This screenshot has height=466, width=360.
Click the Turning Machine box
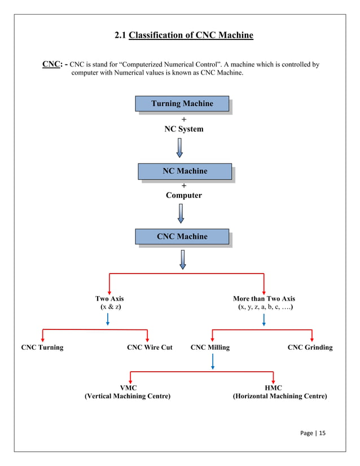coord(182,104)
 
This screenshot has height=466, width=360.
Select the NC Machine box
coord(185,171)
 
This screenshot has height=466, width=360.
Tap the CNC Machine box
coord(182,236)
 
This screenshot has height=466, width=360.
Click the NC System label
coord(184,129)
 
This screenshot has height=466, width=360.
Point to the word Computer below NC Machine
coord(183,195)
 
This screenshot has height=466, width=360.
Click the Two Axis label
coord(109,298)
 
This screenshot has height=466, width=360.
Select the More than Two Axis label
coord(264,298)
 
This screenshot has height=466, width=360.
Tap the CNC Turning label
coord(42,348)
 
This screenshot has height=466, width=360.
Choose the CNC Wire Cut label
coord(150,348)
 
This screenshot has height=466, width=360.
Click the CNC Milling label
coord(210,348)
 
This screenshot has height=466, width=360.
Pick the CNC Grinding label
coord(310,348)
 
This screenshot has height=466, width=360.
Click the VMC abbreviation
coord(128,388)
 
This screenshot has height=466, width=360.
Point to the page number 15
coord(322,433)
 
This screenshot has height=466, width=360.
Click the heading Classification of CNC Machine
coord(191,36)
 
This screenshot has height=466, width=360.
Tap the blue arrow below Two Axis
coord(108,320)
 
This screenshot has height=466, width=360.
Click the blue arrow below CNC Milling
coord(212,362)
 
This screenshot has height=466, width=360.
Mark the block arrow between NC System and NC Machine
coord(179,148)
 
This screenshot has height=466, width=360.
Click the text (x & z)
coord(110,307)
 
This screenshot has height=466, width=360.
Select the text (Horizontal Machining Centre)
coord(280,397)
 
